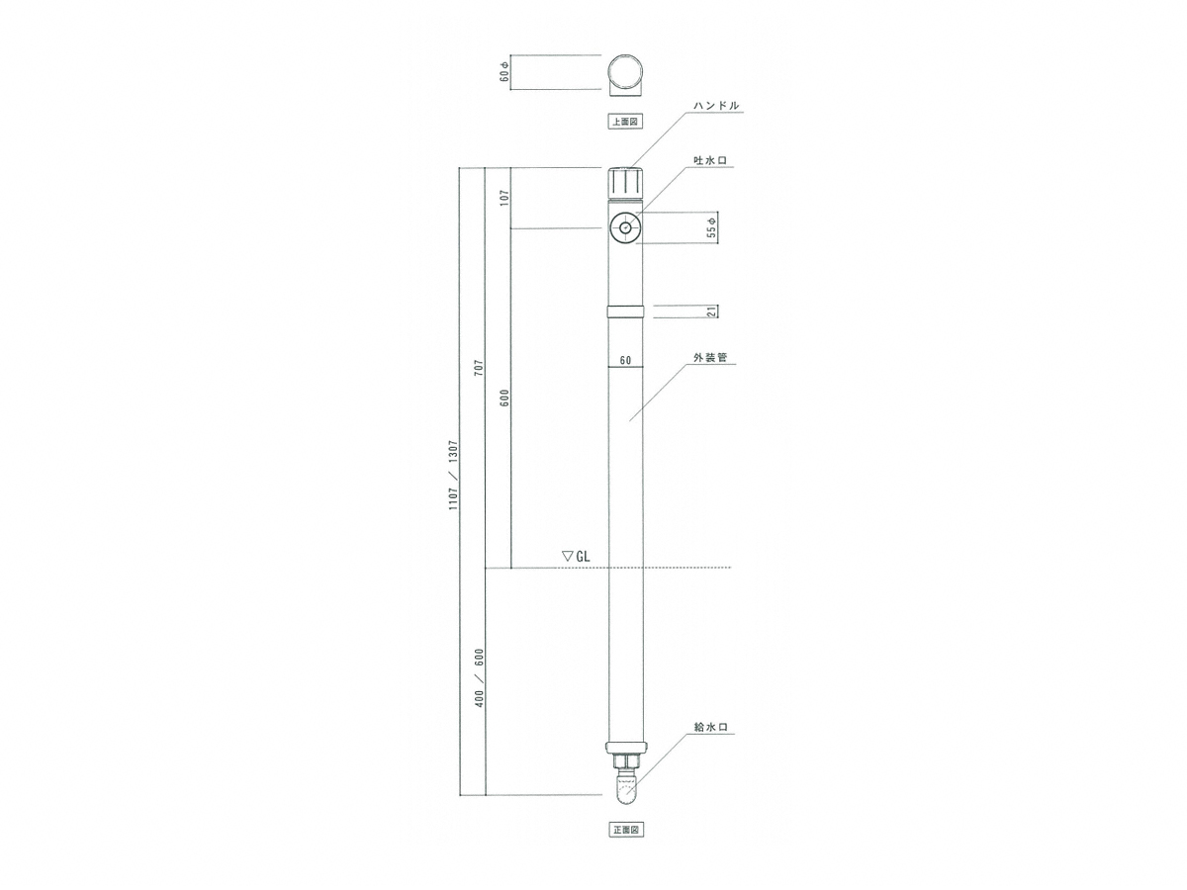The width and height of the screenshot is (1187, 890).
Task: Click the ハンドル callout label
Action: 716,106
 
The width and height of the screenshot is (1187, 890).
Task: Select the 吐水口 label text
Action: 710,160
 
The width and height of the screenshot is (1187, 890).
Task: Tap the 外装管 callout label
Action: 710,357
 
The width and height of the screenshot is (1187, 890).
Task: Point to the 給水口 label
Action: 710,728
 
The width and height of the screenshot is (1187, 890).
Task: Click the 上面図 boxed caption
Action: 625,122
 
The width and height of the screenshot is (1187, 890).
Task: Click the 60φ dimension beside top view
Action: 504,72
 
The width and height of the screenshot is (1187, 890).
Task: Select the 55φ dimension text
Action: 712,227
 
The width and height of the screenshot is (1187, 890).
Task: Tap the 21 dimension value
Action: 712,311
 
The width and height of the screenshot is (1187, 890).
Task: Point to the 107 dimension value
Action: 504,199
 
